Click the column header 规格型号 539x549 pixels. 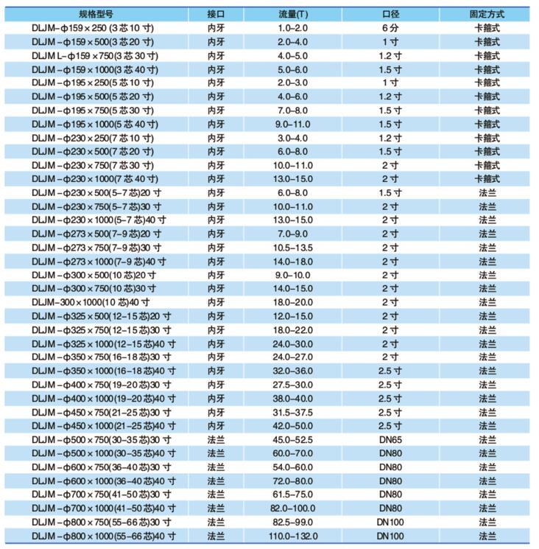pos(98,14)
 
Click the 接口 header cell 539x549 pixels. pos(216,14)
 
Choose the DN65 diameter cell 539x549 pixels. pos(390,440)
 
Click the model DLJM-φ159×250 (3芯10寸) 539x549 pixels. pos(94,27)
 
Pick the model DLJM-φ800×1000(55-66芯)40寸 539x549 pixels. pos(103,536)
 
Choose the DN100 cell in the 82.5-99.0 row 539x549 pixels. pos(390,522)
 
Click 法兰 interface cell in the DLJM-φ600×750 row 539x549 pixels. pos(216,467)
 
